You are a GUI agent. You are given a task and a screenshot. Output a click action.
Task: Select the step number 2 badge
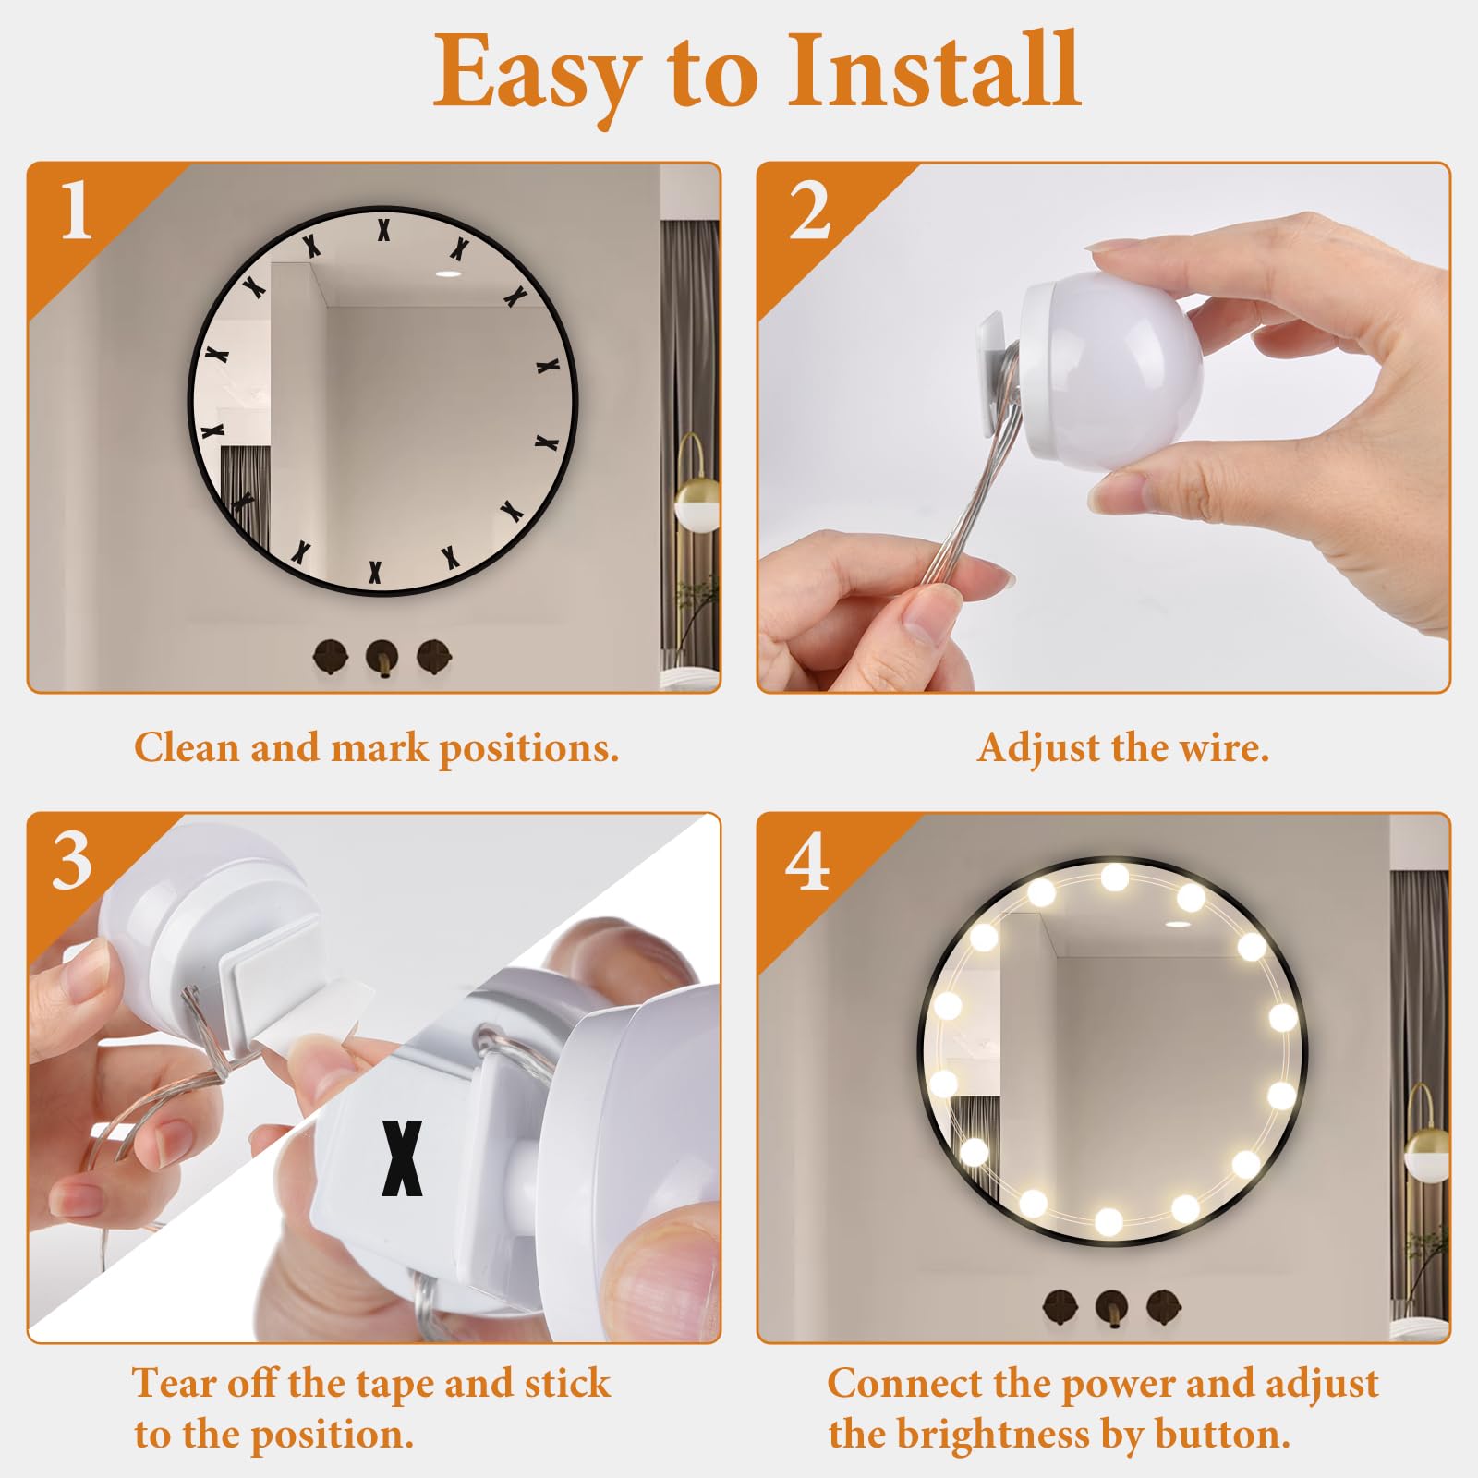(x=809, y=211)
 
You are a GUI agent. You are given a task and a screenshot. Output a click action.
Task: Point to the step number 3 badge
(x=73, y=861)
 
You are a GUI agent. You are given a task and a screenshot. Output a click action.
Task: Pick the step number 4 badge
(x=807, y=861)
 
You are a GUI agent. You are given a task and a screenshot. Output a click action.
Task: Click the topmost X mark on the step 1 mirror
(x=383, y=229)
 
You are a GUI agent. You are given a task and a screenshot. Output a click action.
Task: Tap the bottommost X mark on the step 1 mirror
(x=375, y=573)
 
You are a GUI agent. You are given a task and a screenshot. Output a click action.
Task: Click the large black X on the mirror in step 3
(x=403, y=1158)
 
